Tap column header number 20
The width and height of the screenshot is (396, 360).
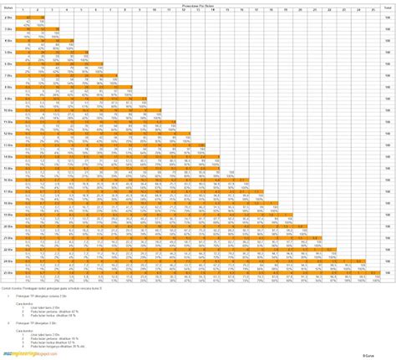point(298,8)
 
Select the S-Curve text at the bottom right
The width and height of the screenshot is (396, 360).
point(385,356)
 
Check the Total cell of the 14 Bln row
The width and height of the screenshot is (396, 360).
point(388,156)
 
